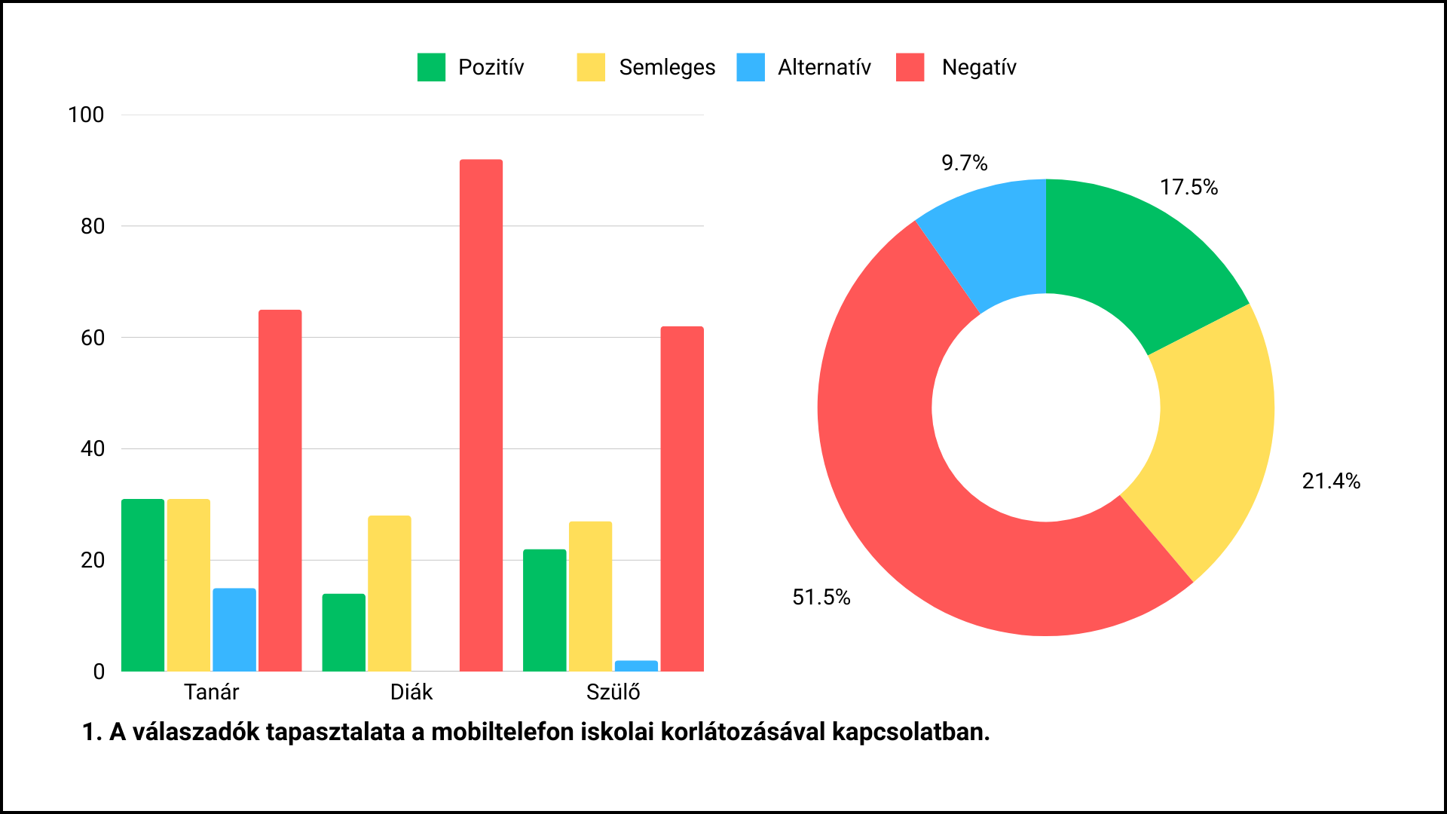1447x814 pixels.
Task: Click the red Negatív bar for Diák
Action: (481, 415)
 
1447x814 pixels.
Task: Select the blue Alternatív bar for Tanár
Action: (234, 629)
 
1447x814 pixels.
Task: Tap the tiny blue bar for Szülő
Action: (636, 666)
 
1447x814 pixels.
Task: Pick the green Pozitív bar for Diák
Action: (344, 632)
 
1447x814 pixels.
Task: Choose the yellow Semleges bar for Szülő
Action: (590, 595)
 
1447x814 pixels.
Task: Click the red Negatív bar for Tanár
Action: (280, 490)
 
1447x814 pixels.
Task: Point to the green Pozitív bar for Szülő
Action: (544, 610)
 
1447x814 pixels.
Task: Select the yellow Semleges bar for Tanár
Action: (188, 585)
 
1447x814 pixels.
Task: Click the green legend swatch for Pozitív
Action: (431, 67)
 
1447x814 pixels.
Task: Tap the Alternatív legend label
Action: (824, 67)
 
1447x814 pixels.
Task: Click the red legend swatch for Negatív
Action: (910, 67)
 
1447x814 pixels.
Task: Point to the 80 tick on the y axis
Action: (93, 226)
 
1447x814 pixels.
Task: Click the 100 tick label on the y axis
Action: (86, 115)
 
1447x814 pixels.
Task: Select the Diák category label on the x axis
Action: (411, 692)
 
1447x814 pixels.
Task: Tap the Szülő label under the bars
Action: (613, 692)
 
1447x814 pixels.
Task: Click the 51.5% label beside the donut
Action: (821, 597)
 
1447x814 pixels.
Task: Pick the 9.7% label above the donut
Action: (964, 163)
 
